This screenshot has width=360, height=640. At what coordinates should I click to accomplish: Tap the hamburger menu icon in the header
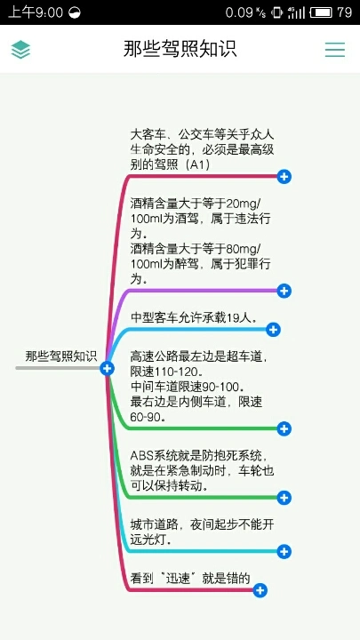point(335,50)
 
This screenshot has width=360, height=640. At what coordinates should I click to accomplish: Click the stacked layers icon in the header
point(20,50)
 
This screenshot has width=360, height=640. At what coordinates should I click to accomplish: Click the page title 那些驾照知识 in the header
point(180,49)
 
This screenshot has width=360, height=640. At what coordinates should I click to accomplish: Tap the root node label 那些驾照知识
point(61,356)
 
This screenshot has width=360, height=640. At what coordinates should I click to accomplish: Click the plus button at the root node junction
point(107,369)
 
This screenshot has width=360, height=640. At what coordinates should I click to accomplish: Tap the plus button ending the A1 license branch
point(284,177)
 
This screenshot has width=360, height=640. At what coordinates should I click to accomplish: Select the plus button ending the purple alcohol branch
point(284,291)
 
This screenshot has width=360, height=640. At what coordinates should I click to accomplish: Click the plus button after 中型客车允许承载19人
point(273,330)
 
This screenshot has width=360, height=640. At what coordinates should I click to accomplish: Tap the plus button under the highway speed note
point(284,429)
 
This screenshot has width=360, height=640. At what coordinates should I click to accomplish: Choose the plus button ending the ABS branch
point(284,498)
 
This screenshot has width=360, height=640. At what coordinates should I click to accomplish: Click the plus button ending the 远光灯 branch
point(284,552)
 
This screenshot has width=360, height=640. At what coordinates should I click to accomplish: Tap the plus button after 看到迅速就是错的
point(260,590)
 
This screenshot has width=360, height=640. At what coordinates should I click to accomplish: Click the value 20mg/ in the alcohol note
point(244,204)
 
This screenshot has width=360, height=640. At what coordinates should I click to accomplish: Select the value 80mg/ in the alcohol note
point(244,249)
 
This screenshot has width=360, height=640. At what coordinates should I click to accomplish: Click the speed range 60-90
point(145,417)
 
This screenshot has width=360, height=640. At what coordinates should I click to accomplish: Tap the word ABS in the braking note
point(140,455)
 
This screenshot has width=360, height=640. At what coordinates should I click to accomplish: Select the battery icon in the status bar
point(321,12)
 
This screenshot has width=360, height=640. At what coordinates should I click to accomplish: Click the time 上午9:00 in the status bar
point(36,12)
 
